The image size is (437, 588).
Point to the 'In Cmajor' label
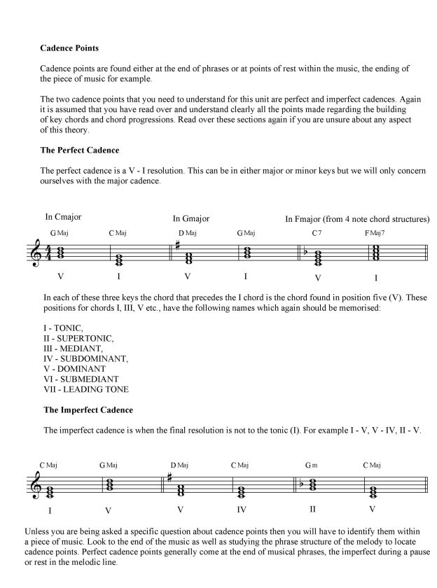click(64, 217)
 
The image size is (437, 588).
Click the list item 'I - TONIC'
click(63, 328)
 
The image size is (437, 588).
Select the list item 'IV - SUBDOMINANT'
click(85, 358)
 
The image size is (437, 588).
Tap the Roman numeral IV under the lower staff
click(241, 510)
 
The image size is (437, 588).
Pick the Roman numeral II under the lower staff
click(312, 509)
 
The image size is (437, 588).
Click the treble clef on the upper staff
click(36, 254)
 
